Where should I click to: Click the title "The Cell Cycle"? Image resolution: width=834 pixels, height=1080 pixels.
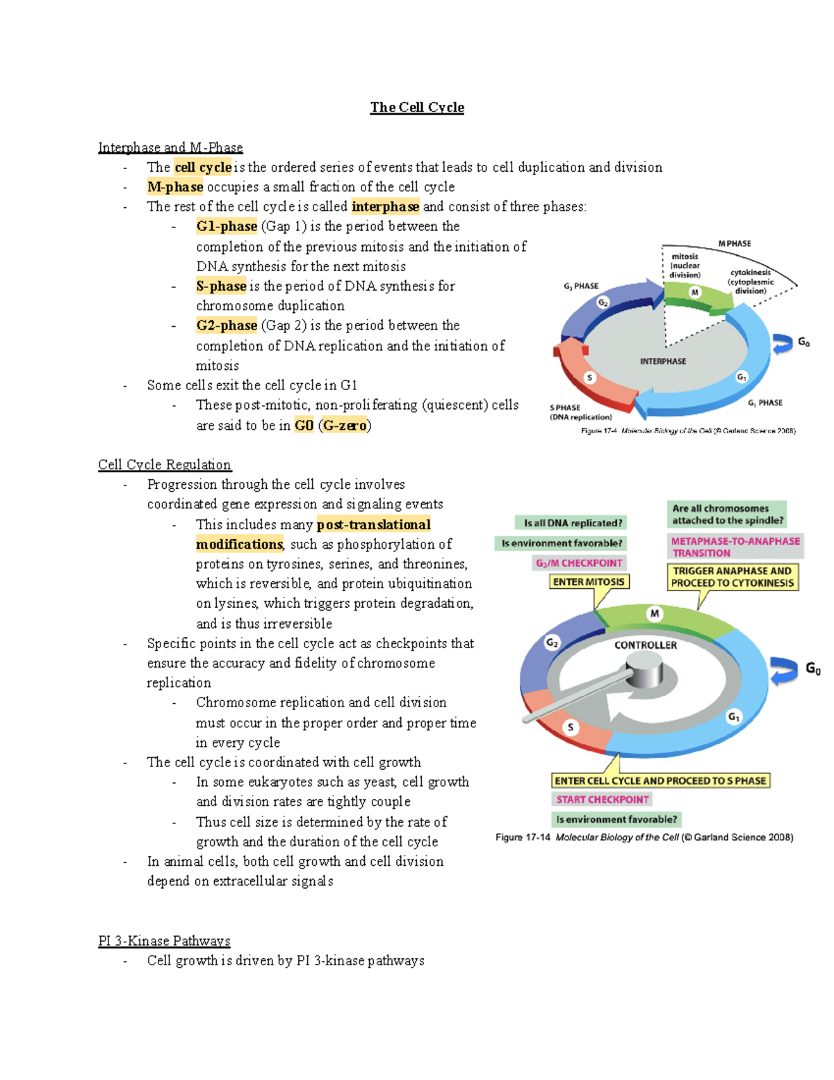pos(417,107)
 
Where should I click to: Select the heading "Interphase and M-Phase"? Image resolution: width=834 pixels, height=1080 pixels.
pos(170,147)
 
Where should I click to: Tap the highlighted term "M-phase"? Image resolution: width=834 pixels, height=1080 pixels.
pos(175,187)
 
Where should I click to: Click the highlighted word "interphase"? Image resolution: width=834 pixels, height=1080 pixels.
pos(385,207)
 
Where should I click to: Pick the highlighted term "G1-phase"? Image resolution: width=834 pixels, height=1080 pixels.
pos(227,226)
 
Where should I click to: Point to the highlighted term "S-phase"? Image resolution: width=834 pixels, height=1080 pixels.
pos(221,286)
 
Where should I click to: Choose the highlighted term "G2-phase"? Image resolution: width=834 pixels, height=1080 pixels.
pos(227,325)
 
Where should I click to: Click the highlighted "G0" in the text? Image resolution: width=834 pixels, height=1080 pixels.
pos(304,426)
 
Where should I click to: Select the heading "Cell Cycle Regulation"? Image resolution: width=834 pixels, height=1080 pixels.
pos(165,465)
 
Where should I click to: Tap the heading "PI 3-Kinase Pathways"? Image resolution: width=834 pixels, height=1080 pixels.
pos(164,941)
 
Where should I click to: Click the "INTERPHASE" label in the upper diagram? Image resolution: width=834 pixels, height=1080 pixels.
pos(662,362)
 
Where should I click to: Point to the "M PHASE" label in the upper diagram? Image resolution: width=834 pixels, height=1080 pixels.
pos(735,243)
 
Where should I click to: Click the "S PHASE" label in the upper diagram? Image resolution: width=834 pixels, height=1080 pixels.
pos(565,408)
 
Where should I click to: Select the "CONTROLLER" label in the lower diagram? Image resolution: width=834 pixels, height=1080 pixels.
pos(645,645)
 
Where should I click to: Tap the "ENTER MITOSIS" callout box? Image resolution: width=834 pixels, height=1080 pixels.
pos(589,582)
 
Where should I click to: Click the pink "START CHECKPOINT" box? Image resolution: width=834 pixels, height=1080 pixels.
pos(602,800)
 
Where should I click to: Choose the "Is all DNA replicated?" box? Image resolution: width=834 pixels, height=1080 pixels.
pos(573,523)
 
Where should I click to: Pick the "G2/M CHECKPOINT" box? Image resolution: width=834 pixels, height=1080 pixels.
pos(578,563)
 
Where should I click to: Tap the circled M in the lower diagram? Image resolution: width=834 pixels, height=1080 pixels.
pos(654,613)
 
